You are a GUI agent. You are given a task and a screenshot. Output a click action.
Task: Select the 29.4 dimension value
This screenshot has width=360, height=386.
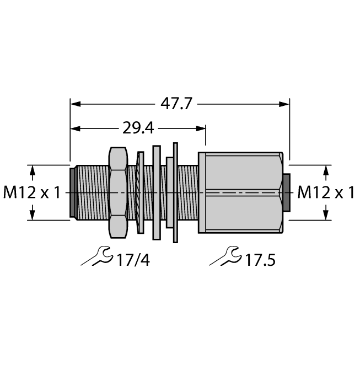138,128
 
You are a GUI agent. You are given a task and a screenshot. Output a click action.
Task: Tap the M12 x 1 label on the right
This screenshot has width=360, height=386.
326,192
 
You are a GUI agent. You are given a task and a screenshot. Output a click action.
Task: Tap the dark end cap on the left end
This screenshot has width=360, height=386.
72,192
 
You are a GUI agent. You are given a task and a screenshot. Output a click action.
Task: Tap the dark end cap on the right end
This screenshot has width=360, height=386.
286,192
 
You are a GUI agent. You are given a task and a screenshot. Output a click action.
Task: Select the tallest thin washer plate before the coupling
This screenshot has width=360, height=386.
176,192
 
